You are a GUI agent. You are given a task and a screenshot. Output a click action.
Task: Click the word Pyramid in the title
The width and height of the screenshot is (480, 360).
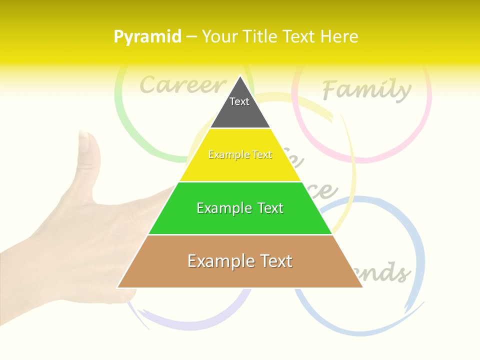click(x=147, y=37)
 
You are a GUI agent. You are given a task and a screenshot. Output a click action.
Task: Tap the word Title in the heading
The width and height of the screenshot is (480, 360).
click(x=260, y=36)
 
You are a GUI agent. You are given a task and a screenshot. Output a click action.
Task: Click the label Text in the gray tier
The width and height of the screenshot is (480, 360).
click(x=239, y=101)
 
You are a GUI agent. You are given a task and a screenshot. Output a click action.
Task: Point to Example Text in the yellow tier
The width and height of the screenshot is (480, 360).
click(x=240, y=155)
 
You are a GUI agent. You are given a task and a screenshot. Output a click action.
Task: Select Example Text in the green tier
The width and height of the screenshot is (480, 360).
click(x=240, y=208)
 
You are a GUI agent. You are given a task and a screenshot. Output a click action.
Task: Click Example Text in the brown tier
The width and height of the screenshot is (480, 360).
click(x=240, y=261)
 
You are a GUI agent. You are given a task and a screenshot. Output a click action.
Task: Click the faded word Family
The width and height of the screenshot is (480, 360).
click(x=366, y=89)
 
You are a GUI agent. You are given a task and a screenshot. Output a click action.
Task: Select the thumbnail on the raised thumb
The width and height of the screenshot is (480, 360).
click(x=86, y=142)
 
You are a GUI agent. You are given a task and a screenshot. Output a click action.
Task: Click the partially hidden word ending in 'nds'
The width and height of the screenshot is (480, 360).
click(x=390, y=272)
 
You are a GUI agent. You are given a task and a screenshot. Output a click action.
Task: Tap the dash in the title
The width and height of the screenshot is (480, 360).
click(x=191, y=37)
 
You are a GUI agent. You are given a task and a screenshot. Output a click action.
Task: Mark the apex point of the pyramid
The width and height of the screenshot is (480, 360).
click(x=240, y=76)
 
